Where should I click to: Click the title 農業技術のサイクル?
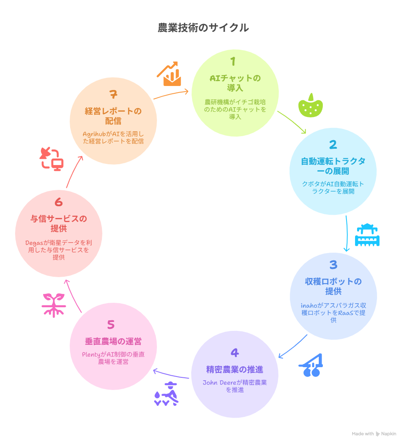(x=203, y=28)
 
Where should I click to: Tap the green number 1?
(x=233, y=61)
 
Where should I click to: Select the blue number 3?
(x=333, y=265)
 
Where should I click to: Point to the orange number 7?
(x=113, y=94)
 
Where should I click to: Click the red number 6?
(x=58, y=202)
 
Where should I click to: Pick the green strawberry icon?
(x=311, y=105)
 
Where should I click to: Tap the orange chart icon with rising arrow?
(x=169, y=74)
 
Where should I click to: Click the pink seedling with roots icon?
(x=54, y=305)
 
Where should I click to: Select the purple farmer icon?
(x=166, y=394)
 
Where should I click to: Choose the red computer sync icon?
(x=52, y=159)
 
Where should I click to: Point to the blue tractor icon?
(x=311, y=365)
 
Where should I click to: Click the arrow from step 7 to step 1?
(x=171, y=94)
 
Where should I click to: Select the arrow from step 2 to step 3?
(x=347, y=234)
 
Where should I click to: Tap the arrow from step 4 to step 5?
(x=170, y=375)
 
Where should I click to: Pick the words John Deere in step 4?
(x=219, y=383)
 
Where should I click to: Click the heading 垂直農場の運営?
(x=113, y=341)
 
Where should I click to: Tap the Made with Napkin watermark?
(x=374, y=434)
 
